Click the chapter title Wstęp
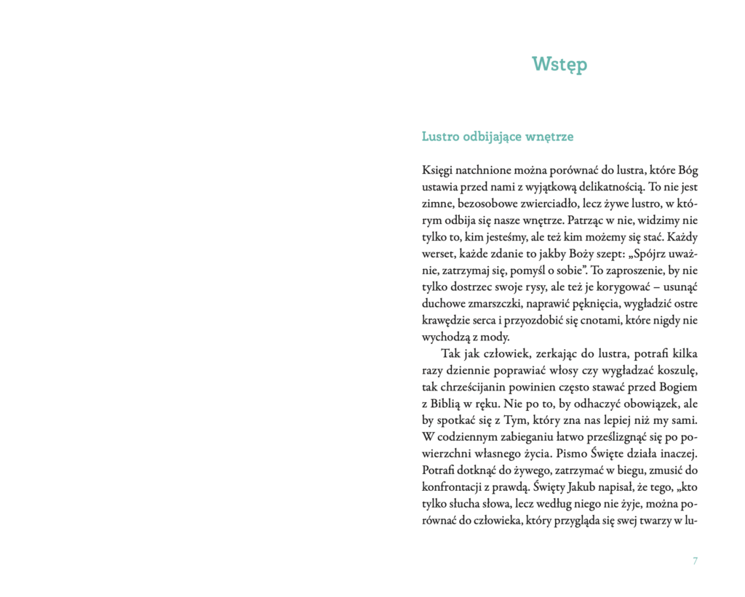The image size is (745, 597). click(x=559, y=65)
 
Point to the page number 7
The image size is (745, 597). click(x=696, y=561)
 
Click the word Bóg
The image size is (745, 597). click(x=688, y=170)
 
